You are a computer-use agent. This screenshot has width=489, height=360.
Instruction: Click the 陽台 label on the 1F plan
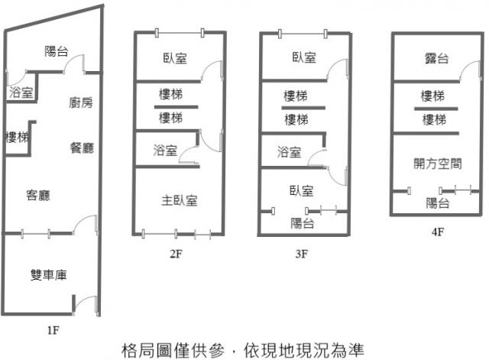(57, 52)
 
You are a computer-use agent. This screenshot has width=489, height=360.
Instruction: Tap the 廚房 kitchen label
(80, 102)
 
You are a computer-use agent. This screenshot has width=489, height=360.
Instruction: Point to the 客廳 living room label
(37, 196)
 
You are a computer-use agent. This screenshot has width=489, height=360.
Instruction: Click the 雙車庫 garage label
(48, 275)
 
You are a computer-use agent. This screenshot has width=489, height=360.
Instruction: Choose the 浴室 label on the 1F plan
(21, 93)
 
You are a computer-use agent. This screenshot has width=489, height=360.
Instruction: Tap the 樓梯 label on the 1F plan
(17, 138)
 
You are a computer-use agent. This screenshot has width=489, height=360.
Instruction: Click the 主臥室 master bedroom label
(180, 200)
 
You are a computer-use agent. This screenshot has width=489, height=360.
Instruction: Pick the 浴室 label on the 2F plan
(164, 151)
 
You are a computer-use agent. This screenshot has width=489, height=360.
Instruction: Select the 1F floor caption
(52, 330)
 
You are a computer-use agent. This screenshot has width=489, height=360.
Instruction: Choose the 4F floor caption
(437, 232)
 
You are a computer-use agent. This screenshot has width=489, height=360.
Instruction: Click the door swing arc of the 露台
(466, 69)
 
